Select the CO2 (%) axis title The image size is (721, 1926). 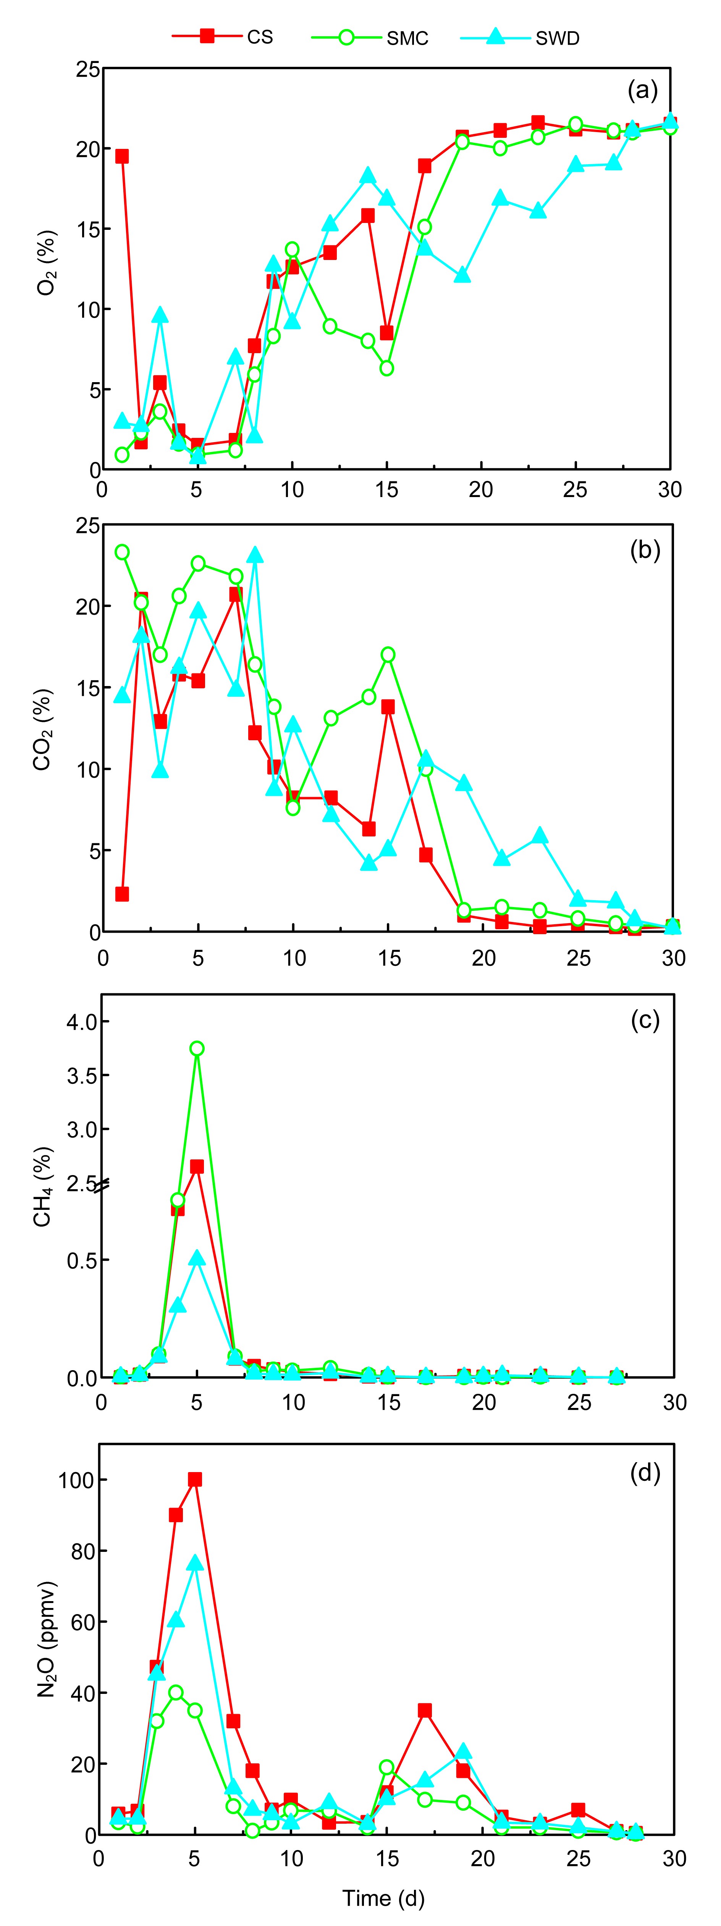pos(43,729)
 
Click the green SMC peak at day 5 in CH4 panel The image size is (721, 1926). pos(197,1048)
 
